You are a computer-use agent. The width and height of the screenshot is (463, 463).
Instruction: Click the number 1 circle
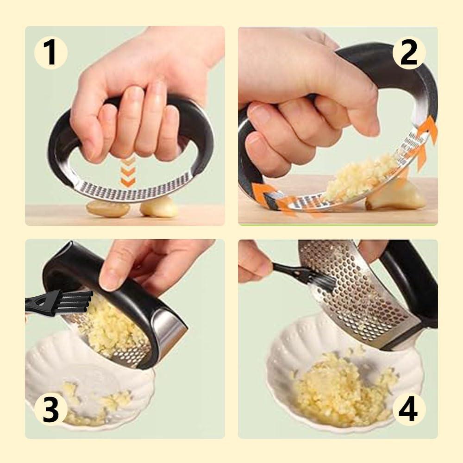click(x=50, y=52)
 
